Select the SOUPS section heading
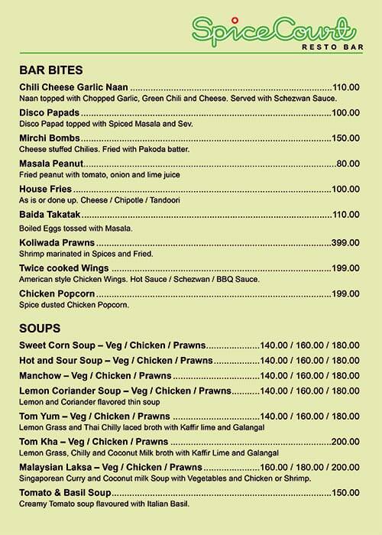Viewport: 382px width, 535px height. tap(40, 328)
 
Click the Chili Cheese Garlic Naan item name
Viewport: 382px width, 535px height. tap(73, 88)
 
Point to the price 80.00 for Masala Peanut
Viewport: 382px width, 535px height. tap(348, 164)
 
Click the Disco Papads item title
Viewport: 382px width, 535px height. tap(50, 113)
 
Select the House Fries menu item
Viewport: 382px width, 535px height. tap(45, 189)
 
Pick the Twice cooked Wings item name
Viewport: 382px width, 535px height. tap(64, 268)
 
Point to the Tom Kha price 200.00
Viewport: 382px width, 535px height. tap(345, 443)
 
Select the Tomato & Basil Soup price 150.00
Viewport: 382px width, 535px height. tap(345, 494)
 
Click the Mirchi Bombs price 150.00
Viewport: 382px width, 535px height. tap(345, 138)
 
